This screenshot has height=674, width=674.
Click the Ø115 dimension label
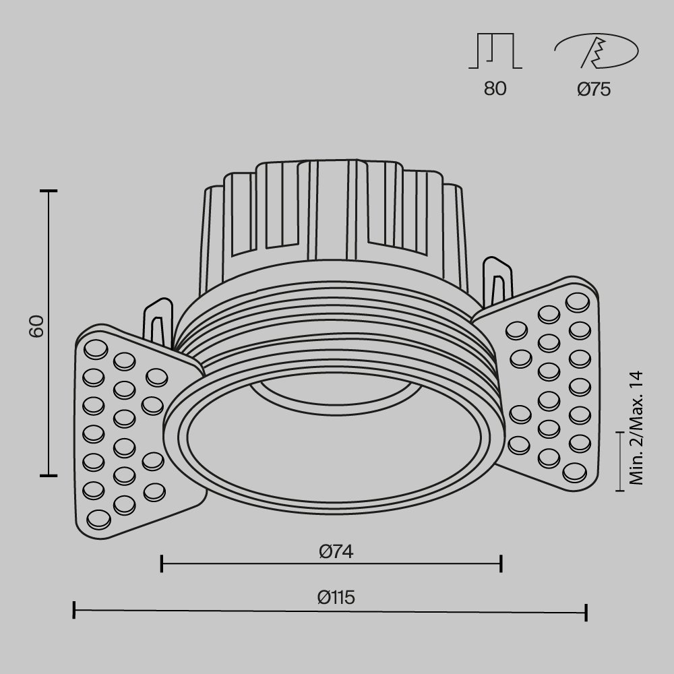(336, 597)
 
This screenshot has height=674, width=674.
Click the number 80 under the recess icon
(495, 89)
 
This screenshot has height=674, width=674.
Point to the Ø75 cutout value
(594, 89)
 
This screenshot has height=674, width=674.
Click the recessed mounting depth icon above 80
(495, 51)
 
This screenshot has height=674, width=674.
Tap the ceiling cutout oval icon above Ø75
(596, 51)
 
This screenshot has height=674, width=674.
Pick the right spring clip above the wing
(497, 280)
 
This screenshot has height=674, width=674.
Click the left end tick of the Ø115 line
(73, 611)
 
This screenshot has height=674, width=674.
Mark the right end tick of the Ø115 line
(586, 612)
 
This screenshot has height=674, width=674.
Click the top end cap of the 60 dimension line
(48, 191)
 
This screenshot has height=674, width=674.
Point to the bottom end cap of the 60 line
(48, 475)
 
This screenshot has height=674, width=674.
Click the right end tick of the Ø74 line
(501, 563)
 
